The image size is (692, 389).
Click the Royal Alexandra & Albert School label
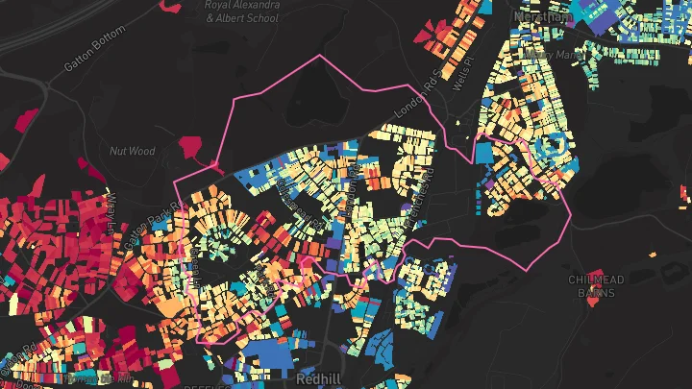pyautogui.click(x=241, y=11)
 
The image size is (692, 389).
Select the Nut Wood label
pyautogui.click(x=132, y=151)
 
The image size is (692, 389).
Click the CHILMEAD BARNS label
pyautogui.click(x=596, y=286)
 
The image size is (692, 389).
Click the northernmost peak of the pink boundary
pyautogui.click(x=320, y=57)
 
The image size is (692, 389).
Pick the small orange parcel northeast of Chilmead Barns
pyautogui.click(x=653, y=255)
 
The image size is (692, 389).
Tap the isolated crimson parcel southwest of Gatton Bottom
pyautogui.click(x=26, y=120)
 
